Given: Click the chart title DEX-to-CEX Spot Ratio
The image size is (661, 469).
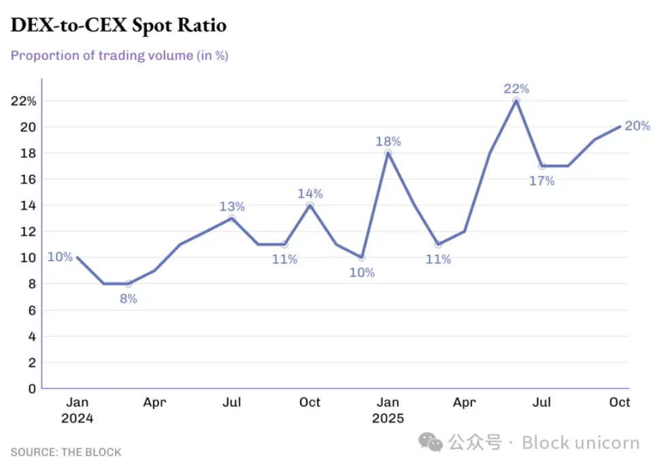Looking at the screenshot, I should pyautogui.click(x=118, y=26).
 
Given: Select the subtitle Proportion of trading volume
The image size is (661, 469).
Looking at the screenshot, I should pyautogui.click(x=119, y=56).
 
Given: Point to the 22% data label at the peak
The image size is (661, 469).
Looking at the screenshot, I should pyautogui.click(x=516, y=88).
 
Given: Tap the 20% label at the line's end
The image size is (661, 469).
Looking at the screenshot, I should pyautogui.click(x=637, y=126).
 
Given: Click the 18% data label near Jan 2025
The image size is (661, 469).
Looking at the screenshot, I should pyautogui.click(x=388, y=142).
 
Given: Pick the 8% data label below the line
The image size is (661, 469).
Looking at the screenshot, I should pyautogui.click(x=128, y=298).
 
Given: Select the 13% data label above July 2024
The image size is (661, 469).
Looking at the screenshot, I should pyautogui.click(x=232, y=207).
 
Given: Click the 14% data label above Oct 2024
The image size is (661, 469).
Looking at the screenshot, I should pyautogui.click(x=310, y=194).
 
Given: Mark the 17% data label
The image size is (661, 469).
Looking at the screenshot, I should pyautogui.click(x=542, y=181).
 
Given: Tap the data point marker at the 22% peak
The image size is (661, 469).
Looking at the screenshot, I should pyautogui.click(x=516, y=101).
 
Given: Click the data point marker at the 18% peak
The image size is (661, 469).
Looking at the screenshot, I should pyautogui.click(x=388, y=153).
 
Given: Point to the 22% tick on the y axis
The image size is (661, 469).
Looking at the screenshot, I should pyautogui.click(x=23, y=101).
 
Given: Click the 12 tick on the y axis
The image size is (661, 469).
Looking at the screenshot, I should pyautogui.click(x=29, y=231).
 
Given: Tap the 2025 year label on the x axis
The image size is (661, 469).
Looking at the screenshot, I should pyautogui.click(x=388, y=419).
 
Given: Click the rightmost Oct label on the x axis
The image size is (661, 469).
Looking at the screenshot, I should pyautogui.click(x=620, y=402).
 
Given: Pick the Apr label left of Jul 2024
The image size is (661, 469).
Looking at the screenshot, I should pyautogui.click(x=154, y=402).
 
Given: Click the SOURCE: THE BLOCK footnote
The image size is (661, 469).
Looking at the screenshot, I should pyautogui.click(x=66, y=452).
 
